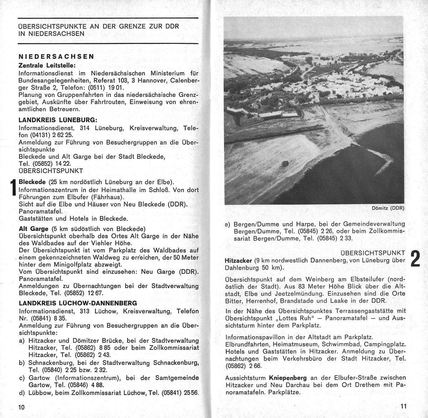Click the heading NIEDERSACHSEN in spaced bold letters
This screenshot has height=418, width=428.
click(x=56, y=56)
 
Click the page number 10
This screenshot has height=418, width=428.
click(x=22, y=407)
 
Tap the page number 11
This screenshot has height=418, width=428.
click(x=403, y=406)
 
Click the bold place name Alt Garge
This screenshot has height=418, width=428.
click(x=34, y=229)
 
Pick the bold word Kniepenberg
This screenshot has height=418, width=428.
click(x=287, y=378)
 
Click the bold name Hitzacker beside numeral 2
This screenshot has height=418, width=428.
click(x=239, y=261)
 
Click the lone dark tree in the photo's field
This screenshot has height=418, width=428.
click(x=285, y=163)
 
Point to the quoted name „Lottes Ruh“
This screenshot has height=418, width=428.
click(x=289, y=318)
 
